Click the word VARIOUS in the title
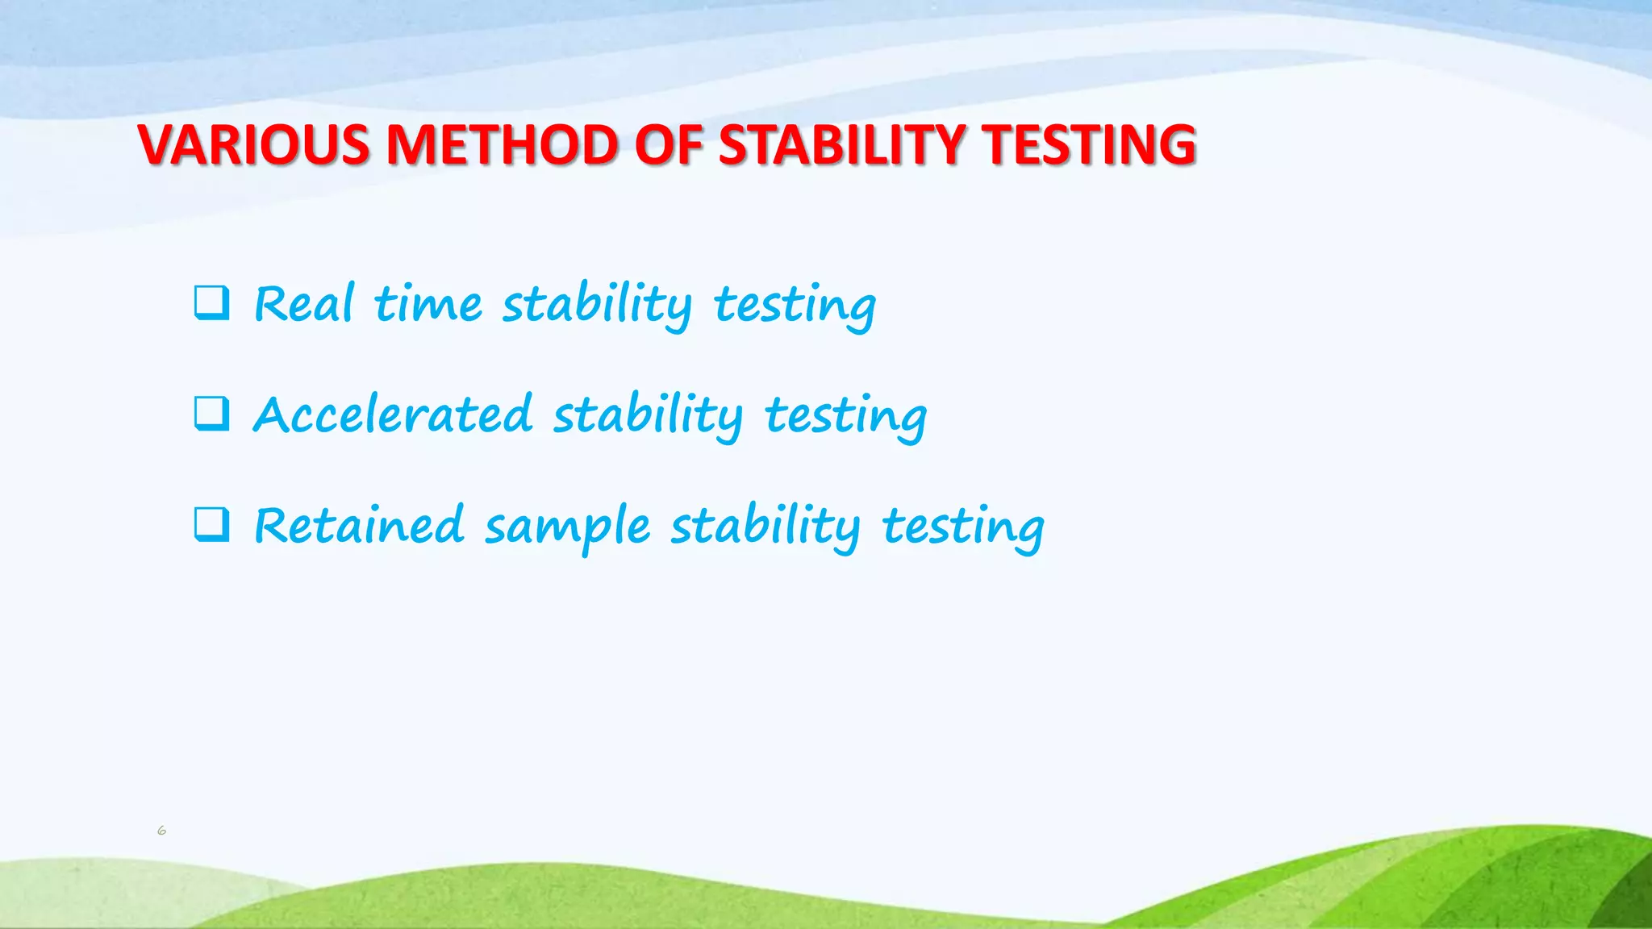point(253,145)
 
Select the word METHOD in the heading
point(502,145)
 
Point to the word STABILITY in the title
point(841,145)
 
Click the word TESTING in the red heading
point(1089,145)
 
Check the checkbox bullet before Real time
point(211,303)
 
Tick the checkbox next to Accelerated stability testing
point(211,414)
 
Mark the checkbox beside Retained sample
point(211,525)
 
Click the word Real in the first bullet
point(304,304)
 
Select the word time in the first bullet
point(428,305)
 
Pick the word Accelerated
point(393,415)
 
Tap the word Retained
point(359,526)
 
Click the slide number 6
point(161,830)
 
